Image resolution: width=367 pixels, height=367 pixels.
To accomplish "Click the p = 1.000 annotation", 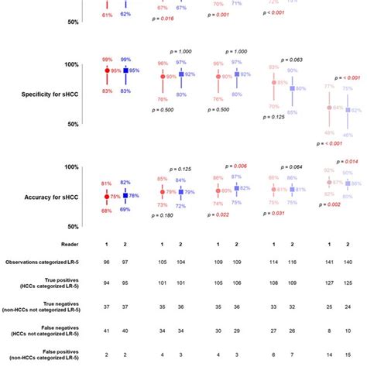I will click(180, 50).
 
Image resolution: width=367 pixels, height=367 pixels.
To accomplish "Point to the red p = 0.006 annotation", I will click(236, 166).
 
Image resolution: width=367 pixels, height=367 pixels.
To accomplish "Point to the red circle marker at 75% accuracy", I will click(107, 197).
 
